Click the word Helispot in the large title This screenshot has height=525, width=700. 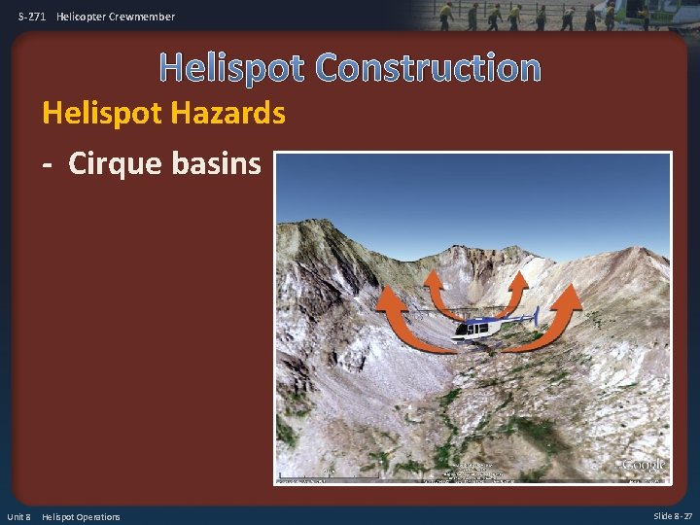coord(232,68)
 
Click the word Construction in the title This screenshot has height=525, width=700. coord(428,68)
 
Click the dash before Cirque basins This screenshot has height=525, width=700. coord(48,163)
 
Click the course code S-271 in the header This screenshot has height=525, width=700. coord(33,17)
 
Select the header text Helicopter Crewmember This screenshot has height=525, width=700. coord(116,17)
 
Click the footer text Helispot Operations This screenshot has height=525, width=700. coord(81,516)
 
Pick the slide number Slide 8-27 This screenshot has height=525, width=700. coord(673,515)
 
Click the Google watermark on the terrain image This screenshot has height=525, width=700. coord(643,464)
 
